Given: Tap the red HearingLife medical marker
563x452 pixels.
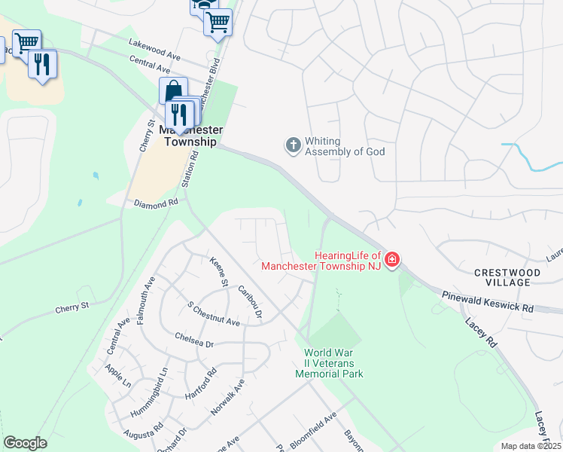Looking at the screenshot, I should coord(391,261).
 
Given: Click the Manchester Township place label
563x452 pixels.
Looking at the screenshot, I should coord(189,136).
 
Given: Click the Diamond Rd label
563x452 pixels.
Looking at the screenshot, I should coord(156,203).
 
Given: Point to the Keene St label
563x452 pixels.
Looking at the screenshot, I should coord(218,273).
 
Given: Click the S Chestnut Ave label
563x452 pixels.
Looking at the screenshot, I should coord(213,315).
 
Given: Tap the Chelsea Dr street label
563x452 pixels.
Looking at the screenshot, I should coord(194,341).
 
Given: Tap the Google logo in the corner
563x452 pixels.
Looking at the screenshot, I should coord(25,443).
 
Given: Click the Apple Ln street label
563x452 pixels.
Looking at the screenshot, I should coord(118,377).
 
